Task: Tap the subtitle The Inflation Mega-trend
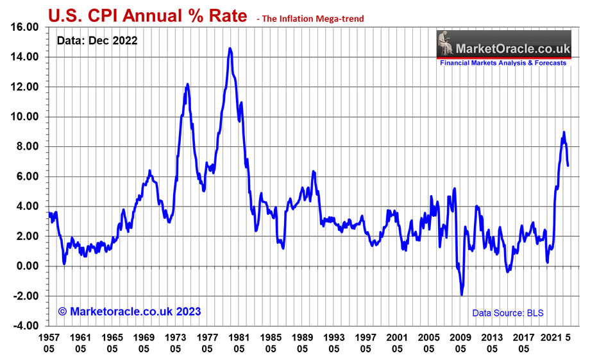pos(310,19)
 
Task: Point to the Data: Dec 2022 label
pos(97,40)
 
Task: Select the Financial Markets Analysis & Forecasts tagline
pos(503,64)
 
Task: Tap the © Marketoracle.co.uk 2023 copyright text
pos(130,311)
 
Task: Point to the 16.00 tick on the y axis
pos(26,27)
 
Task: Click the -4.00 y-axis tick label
pos(26,326)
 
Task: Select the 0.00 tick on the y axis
pos(28,266)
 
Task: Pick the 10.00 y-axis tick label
pos(26,117)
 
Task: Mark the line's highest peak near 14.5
pos(230,48)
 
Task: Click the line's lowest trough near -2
pos(462,295)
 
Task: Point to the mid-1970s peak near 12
pos(187,84)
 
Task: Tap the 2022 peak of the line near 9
pos(564,132)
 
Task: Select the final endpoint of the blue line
pos(568,166)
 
